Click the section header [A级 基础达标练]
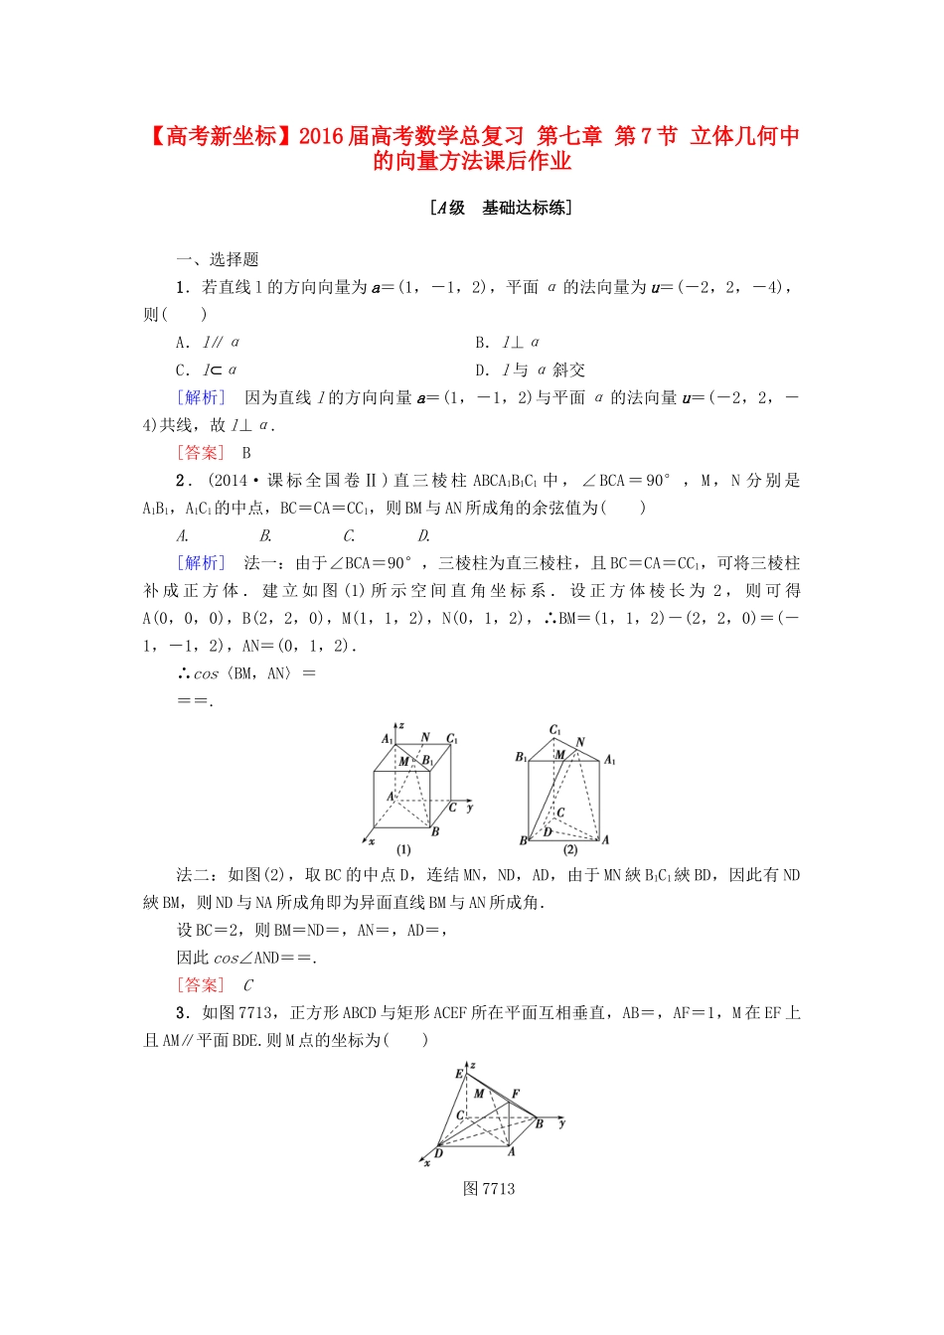coord(501,208)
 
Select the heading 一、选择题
coord(218,259)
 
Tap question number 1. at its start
coord(182,287)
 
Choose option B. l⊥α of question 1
coord(508,343)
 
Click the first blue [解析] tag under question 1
coord(202,397)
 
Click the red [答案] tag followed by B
coord(202,453)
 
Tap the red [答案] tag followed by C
coord(202,985)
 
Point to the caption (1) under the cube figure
coord(403,850)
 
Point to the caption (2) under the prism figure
coord(570,850)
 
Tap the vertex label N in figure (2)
coord(580,742)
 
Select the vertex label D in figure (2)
coord(548,832)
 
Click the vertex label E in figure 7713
coord(459,1074)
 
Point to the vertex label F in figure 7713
coord(516,1094)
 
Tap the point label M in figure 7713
coord(479,1094)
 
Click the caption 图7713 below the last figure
coord(489,1189)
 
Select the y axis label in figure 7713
coord(562,1122)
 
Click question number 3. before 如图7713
coord(182,1013)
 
